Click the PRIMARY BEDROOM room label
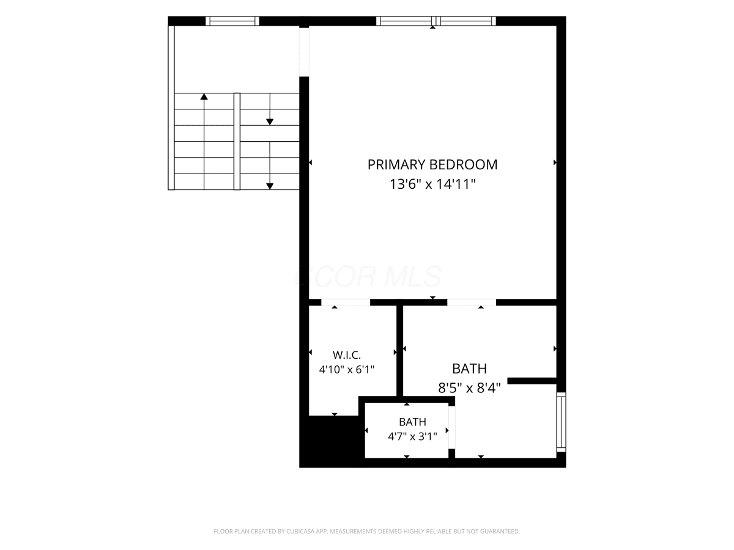click(x=432, y=164)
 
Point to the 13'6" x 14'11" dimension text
click(x=432, y=184)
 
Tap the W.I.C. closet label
click(x=346, y=354)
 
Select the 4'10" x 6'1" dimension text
click(x=346, y=370)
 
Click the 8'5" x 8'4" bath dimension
click(x=469, y=388)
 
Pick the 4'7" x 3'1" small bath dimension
click(x=412, y=436)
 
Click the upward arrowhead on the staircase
click(x=204, y=97)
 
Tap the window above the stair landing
click(x=232, y=21)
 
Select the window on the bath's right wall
click(x=561, y=422)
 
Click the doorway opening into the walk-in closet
click(x=346, y=302)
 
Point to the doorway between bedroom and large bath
click(x=472, y=302)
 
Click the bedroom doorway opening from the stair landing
click(x=304, y=52)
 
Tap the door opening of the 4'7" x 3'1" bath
click(x=452, y=427)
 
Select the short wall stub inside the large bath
click(x=532, y=381)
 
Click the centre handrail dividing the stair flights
click(x=237, y=141)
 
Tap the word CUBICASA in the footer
click(x=300, y=531)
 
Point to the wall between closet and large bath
click(x=399, y=351)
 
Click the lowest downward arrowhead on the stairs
click(x=270, y=186)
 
